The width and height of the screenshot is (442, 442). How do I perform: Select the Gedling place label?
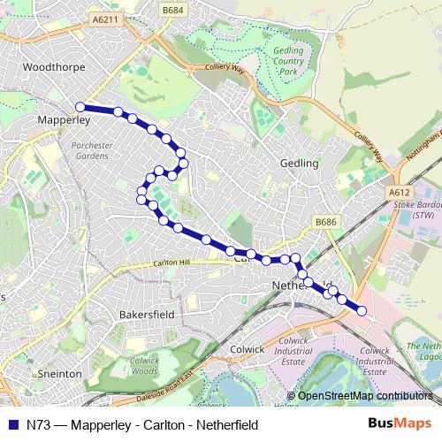(x=298, y=164)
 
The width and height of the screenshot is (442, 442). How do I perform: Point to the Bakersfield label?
(x=148, y=313)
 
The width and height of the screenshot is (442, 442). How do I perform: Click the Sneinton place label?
(x=60, y=374)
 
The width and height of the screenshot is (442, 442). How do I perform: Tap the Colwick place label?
(x=247, y=349)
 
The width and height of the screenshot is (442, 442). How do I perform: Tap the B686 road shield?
(x=327, y=223)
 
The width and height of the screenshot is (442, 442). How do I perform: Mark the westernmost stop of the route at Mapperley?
(x=80, y=107)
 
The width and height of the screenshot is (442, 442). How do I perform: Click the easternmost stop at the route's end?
(x=362, y=309)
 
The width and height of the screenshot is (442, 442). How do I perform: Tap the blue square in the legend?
(x=11, y=424)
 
